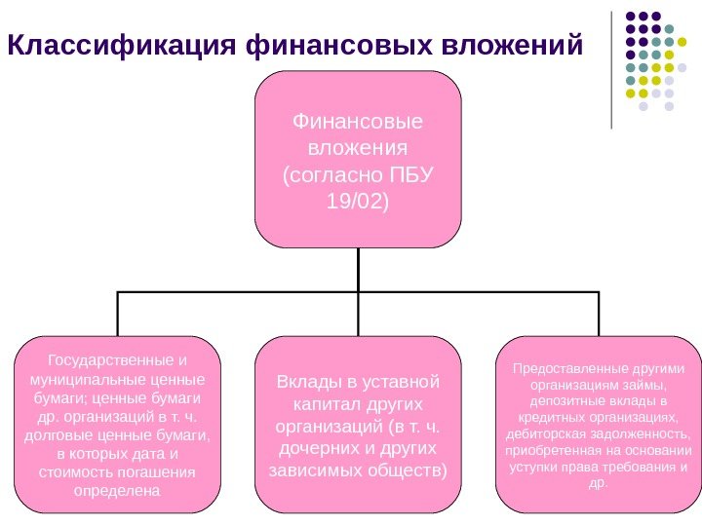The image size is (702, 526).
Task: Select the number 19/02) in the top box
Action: [358, 203]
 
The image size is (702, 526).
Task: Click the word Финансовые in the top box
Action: [358, 124]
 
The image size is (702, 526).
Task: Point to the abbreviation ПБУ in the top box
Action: [409, 176]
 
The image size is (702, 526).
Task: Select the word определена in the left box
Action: [117, 490]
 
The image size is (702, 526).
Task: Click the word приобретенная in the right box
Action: [552, 449]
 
